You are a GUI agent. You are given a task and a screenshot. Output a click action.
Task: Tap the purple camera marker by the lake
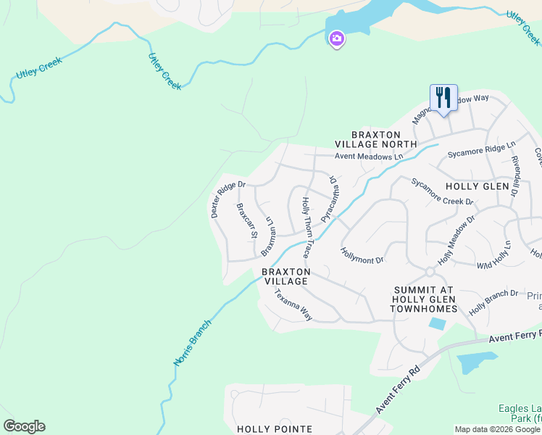pos(336,39)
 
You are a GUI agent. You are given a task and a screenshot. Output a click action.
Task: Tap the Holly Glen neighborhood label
pos(478,186)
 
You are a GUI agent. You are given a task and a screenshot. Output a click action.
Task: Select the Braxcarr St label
pos(247,220)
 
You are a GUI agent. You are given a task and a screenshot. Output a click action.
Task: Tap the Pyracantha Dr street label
pos(330,199)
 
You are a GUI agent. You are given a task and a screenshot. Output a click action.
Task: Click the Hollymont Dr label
pos(362,254)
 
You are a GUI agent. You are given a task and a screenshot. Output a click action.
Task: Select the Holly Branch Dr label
pos(493,302)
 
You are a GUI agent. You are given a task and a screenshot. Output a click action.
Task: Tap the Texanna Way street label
pos(292,305)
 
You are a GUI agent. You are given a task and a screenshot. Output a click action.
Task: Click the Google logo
pos(24,426)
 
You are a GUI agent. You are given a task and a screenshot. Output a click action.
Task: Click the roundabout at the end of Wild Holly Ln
pos(429,272)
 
